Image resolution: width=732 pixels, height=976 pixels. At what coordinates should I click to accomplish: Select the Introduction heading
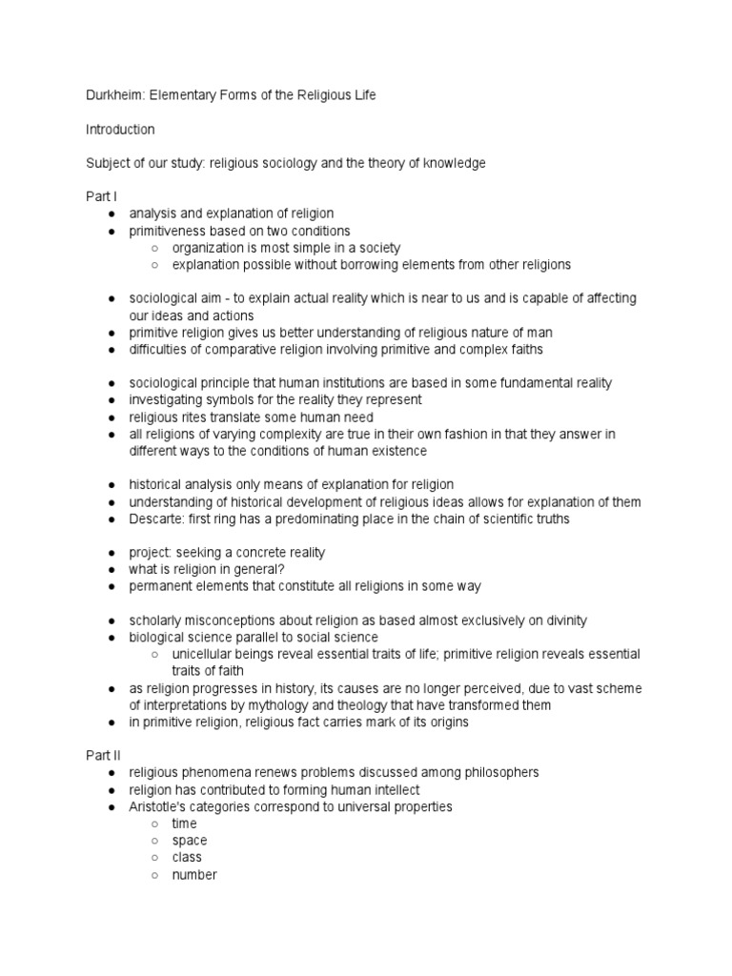(120, 129)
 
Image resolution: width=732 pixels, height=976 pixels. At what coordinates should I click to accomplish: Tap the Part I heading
(100, 196)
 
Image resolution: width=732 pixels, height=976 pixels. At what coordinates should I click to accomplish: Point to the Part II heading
(102, 755)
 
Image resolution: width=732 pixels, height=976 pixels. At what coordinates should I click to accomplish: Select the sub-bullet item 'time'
(185, 823)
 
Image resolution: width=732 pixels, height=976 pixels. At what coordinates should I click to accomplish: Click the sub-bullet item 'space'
(189, 841)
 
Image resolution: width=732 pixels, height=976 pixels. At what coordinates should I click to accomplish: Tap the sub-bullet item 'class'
(187, 858)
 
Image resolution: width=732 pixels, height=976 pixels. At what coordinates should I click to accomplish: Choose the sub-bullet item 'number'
(194, 875)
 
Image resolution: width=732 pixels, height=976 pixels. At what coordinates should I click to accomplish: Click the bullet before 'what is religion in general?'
(112, 570)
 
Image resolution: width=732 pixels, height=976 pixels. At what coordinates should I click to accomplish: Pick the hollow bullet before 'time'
(154, 824)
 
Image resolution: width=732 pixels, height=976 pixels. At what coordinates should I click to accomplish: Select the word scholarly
(156, 620)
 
